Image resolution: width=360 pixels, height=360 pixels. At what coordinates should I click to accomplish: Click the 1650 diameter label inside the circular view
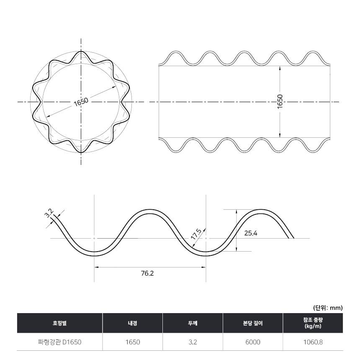pyautogui.click(x=81, y=102)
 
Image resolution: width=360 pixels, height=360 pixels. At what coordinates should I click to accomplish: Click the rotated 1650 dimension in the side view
pyautogui.click(x=280, y=102)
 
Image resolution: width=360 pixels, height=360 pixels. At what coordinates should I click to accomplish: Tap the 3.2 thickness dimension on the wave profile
pyautogui.click(x=49, y=213)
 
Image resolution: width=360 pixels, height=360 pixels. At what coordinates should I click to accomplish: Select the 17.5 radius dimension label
pyautogui.click(x=196, y=234)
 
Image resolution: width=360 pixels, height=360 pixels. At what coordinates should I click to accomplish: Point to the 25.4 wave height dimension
pyautogui.click(x=251, y=233)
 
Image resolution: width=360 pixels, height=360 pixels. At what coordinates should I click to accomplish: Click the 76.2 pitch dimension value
pyautogui.click(x=147, y=273)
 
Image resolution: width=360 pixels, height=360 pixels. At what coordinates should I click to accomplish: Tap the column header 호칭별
pyautogui.click(x=60, y=323)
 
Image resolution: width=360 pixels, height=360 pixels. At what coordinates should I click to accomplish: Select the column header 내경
pyautogui.click(x=133, y=323)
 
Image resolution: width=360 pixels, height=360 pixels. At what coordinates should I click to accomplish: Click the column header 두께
pyautogui.click(x=193, y=323)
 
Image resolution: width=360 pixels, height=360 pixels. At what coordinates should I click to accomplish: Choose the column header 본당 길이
pyautogui.click(x=253, y=323)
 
